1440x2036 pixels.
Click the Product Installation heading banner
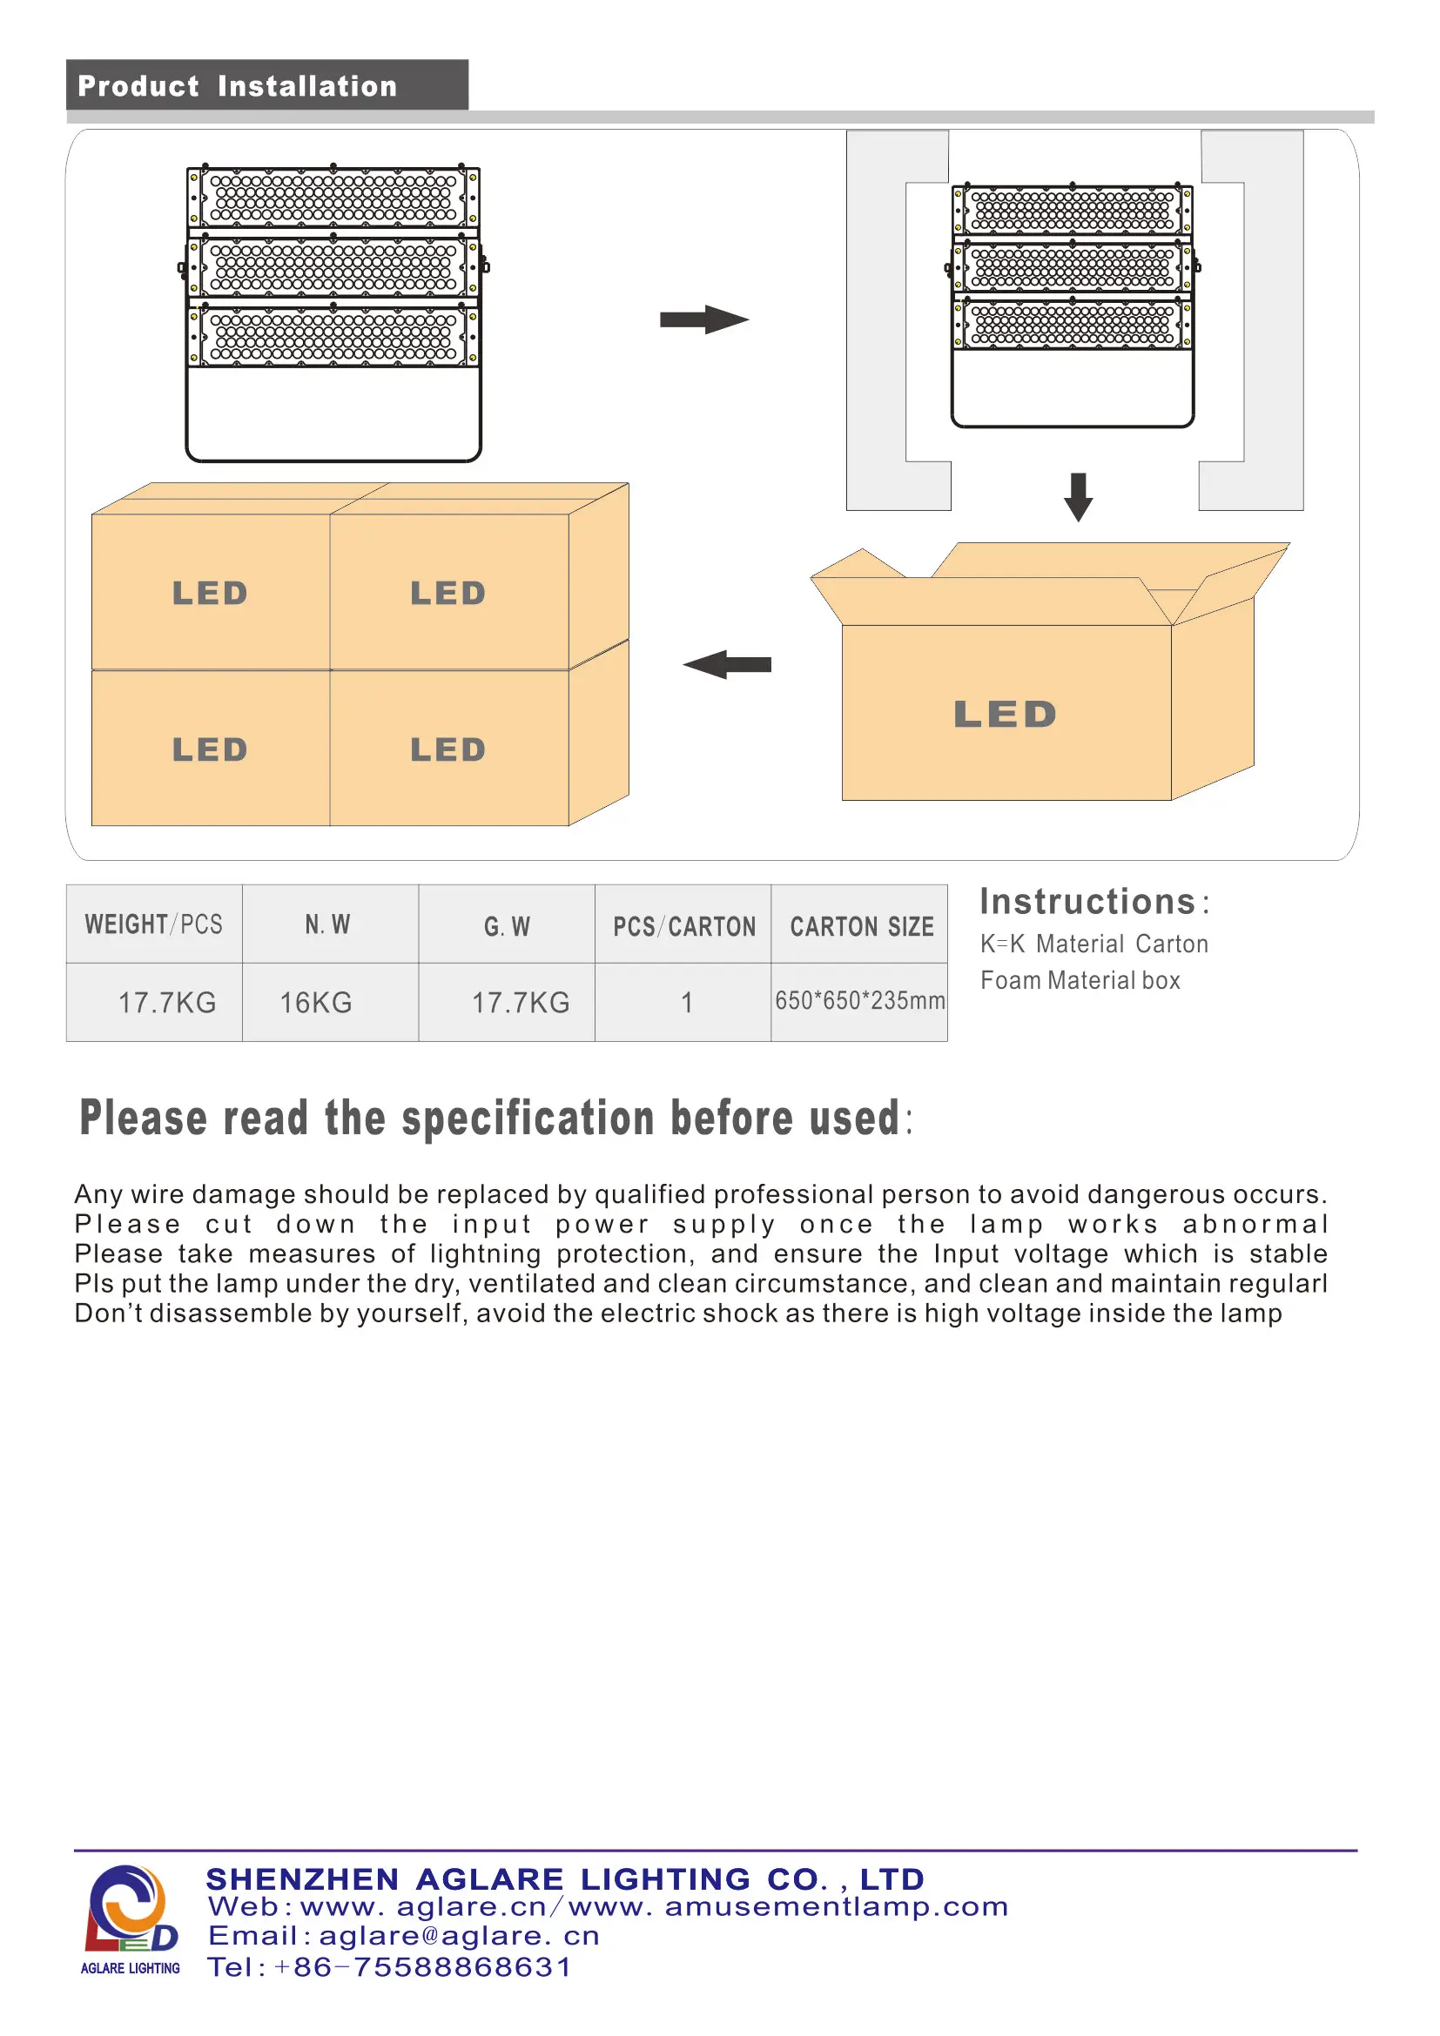tap(266, 86)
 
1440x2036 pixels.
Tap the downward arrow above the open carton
tap(1077, 496)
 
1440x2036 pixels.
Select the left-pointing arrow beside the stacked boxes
tap(726, 664)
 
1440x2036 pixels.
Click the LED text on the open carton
tap(1005, 715)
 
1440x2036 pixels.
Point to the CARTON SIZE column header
tap(861, 927)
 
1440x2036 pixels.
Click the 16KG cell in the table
tap(316, 1003)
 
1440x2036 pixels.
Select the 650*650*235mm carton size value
tap(859, 1001)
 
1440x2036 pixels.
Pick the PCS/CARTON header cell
tap(683, 927)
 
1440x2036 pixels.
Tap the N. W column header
tap(327, 925)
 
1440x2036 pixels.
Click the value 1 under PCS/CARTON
tap(686, 1003)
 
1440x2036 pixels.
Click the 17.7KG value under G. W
tap(521, 1003)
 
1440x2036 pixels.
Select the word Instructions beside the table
tap(1088, 902)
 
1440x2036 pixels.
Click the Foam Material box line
tap(1080, 981)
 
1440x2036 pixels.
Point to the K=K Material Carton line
tap(1093, 944)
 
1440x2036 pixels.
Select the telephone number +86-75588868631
tap(424, 1967)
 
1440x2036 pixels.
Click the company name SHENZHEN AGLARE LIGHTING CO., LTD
tap(565, 1879)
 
